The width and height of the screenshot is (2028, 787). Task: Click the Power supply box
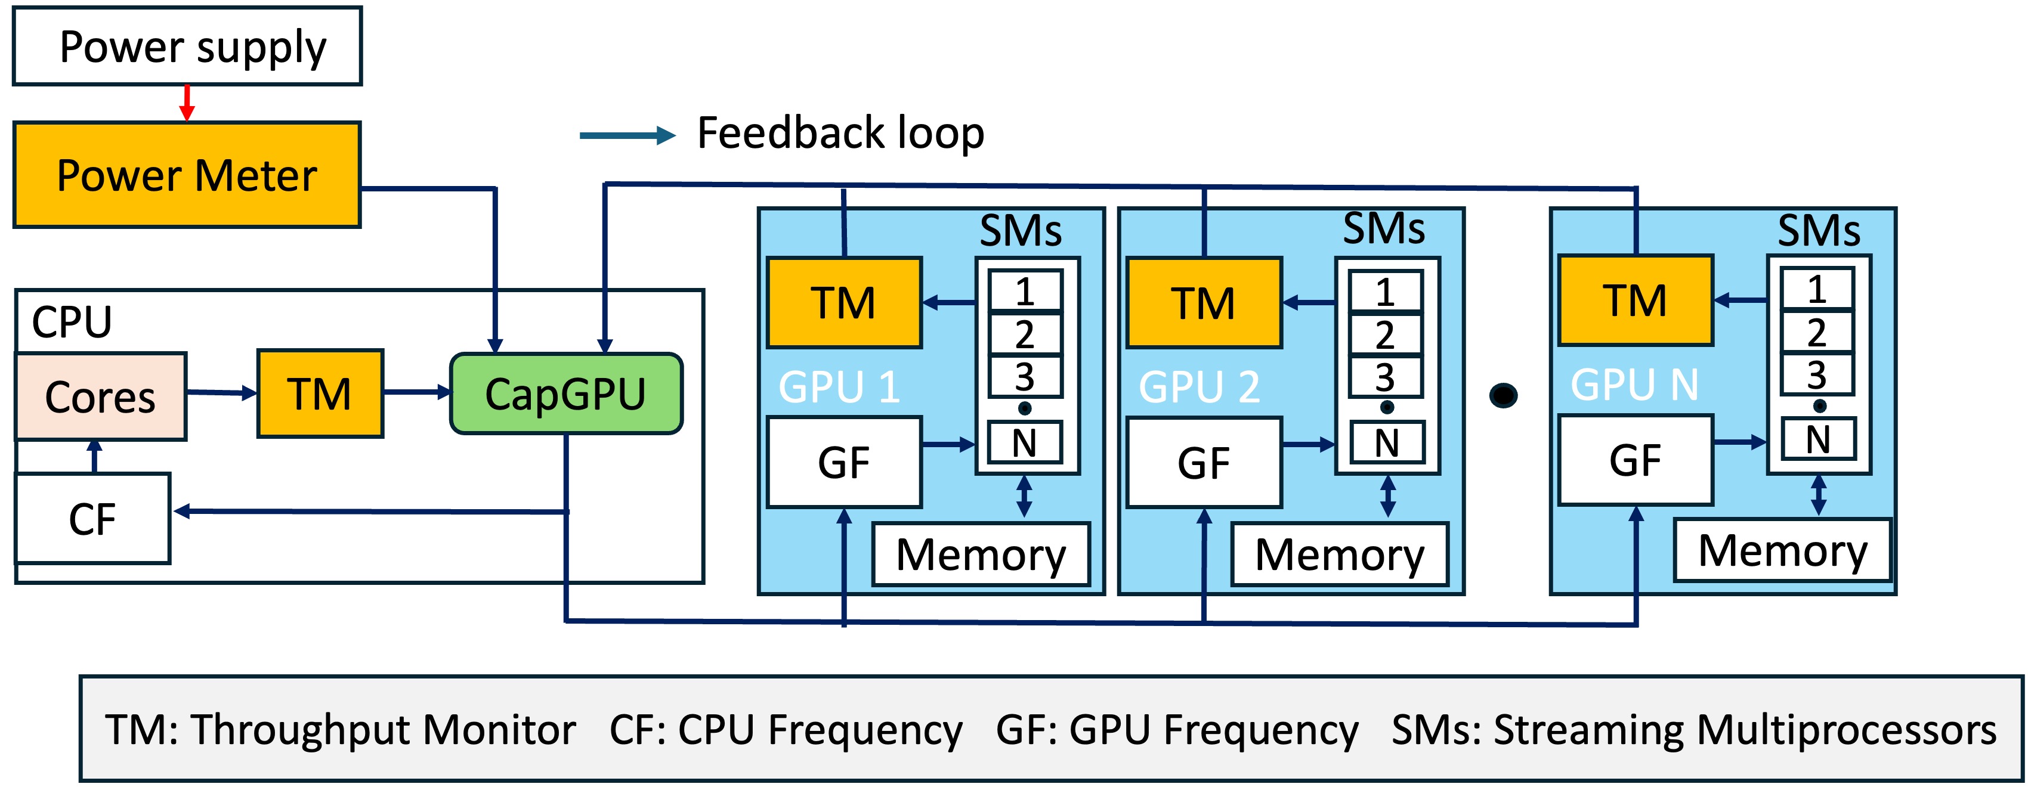187,47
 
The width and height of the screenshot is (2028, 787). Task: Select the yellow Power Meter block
187,175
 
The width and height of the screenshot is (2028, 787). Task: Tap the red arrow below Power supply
187,103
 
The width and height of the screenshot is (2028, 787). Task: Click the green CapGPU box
565,393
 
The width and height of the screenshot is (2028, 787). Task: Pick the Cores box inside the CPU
101,396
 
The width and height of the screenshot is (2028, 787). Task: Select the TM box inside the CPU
320,393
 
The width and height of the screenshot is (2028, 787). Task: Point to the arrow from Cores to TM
222,392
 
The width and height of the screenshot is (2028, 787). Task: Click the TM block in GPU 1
843,303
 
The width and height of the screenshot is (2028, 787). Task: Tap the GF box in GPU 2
1203,463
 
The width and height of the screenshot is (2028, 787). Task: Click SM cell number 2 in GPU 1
1024,334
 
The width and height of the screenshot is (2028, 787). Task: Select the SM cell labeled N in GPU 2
1386,442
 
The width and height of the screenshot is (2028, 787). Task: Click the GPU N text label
1634,385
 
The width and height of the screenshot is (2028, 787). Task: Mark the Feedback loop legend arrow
627,135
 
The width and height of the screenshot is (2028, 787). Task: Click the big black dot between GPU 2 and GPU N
1503,395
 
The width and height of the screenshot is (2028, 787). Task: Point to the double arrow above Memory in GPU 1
1024,497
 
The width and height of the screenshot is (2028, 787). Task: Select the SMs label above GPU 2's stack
1383,229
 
